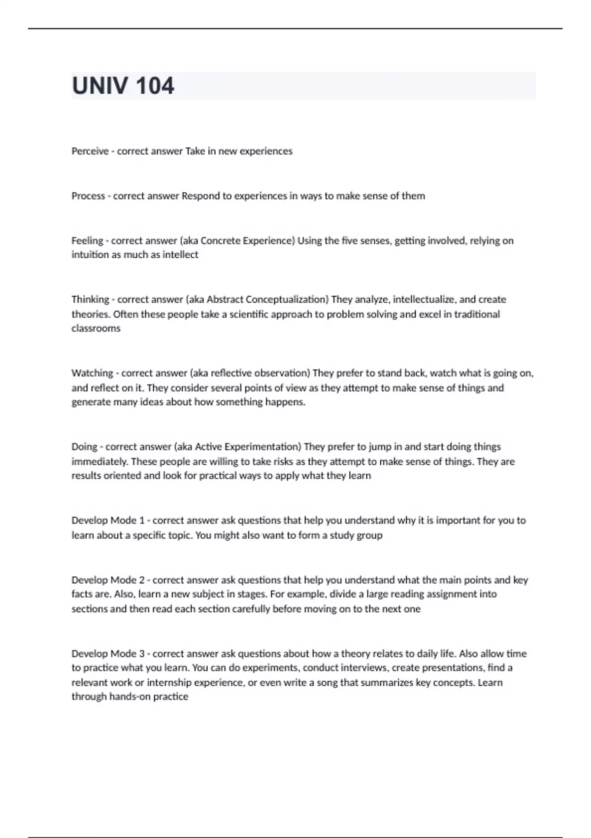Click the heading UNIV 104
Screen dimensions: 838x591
[x=123, y=86]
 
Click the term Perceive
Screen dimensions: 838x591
[x=90, y=151]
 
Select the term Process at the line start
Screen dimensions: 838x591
[x=88, y=196]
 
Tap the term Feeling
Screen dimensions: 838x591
[x=87, y=241]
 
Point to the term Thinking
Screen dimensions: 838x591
[x=90, y=300]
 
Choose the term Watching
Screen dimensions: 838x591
[x=92, y=373]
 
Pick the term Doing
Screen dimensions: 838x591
[x=84, y=447]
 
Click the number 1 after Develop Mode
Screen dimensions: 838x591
[x=142, y=521]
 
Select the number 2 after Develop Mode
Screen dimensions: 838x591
[x=142, y=580]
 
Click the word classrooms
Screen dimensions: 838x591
[x=96, y=328]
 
